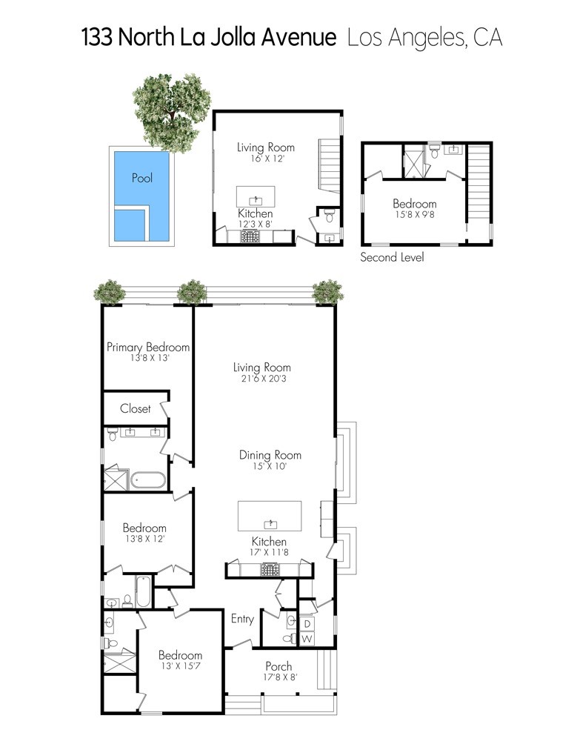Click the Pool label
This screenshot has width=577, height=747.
142,178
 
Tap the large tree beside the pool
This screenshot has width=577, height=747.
171,113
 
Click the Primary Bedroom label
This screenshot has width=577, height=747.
148,348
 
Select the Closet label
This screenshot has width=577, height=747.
136,408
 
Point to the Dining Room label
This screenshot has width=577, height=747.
270,455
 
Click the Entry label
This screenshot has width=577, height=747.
242,619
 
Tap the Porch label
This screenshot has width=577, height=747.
279,666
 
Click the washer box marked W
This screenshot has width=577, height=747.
307,639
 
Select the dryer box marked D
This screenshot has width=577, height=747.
307,624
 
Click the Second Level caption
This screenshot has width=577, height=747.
392,257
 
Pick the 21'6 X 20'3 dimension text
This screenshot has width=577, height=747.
262,379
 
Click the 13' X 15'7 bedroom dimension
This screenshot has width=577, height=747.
181,666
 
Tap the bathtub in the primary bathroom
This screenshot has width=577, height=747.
148,480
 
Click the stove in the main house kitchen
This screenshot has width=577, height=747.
270,569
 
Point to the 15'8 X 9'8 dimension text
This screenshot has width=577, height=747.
415,214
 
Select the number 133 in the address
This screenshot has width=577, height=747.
97,37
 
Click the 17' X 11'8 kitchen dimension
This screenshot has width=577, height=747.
269,553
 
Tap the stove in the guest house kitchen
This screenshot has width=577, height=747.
250,236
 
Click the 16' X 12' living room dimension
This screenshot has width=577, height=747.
267,159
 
